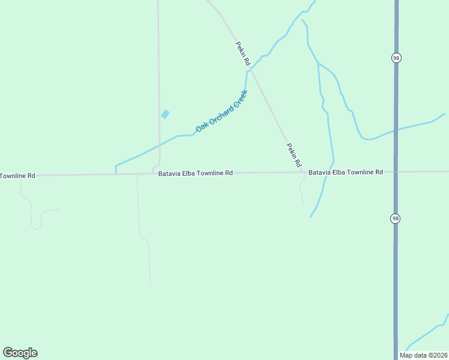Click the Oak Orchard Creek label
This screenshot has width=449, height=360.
pyautogui.click(x=222, y=112)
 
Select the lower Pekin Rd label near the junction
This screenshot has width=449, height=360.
pyautogui.click(x=294, y=155)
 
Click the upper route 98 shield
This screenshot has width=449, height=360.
pyautogui.click(x=396, y=58)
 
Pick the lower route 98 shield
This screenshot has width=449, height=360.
pyautogui.click(x=395, y=218)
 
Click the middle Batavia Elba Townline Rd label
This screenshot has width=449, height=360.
pyautogui.click(x=196, y=173)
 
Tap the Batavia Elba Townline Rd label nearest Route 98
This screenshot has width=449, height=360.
pyautogui.click(x=345, y=172)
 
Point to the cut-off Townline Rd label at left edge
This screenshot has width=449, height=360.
pyautogui.click(x=17, y=176)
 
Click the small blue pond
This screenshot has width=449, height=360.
pyautogui.click(x=165, y=114)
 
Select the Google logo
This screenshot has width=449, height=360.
pyautogui.click(x=20, y=353)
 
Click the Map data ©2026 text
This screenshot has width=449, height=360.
pyautogui.click(x=423, y=355)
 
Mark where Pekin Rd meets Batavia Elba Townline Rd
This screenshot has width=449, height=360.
pyautogui.click(x=302, y=172)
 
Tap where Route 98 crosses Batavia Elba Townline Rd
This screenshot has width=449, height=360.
pyautogui.click(x=396, y=172)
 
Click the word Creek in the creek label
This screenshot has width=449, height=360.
pyautogui.click(x=240, y=98)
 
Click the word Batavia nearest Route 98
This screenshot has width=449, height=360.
pyautogui.click(x=319, y=172)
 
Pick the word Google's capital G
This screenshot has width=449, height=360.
pyautogui.click(x=8, y=353)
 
